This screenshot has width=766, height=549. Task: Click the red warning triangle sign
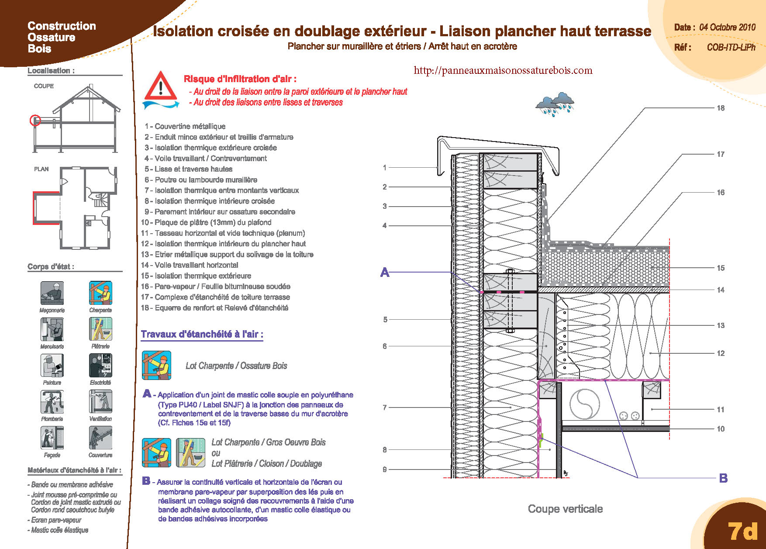click(161, 86)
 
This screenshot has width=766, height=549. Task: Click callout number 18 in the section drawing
click(721, 108)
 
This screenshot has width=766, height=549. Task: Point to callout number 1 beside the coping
click(385, 167)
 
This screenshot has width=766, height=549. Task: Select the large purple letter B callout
click(723, 478)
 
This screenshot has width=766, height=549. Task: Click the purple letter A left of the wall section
click(385, 273)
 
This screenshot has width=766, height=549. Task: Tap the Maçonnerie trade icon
click(52, 293)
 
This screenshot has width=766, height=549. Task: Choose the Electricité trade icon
click(100, 365)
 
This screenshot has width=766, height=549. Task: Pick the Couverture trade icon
click(100, 438)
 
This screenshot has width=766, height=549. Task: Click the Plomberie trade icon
click(52, 401)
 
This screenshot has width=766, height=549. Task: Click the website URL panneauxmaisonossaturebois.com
click(503, 70)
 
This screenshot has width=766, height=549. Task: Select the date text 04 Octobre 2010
click(727, 27)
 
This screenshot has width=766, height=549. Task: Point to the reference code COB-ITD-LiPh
click(731, 47)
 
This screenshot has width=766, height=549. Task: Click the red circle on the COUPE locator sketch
click(35, 120)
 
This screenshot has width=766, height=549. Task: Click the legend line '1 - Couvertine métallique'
click(185, 126)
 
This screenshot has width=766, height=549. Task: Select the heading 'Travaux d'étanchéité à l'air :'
click(202, 335)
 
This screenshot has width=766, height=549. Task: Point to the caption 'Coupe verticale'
click(565, 509)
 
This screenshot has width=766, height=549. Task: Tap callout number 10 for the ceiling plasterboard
click(721, 429)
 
